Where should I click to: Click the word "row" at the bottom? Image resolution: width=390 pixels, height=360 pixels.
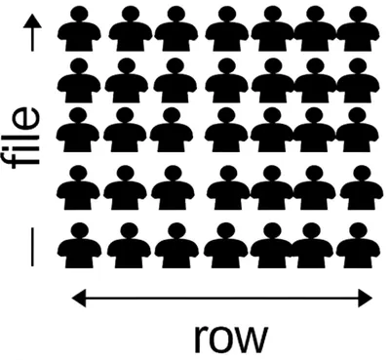230,336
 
